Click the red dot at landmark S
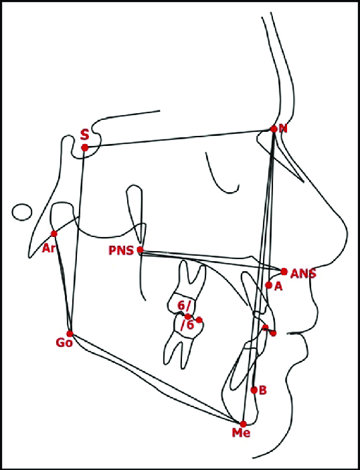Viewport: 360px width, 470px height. point(85,147)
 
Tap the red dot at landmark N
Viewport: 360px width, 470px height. point(274,129)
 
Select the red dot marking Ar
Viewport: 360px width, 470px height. point(54,234)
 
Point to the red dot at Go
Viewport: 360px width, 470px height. point(70,333)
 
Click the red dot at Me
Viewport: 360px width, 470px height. point(243,424)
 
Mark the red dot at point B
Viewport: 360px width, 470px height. point(254,390)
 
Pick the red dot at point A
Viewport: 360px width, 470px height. point(268,285)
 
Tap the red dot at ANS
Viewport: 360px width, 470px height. point(284,272)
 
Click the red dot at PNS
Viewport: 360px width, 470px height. point(140,249)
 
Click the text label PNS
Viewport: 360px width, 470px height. point(121,250)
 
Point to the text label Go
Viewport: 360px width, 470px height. point(64,343)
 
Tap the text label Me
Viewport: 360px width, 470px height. point(241,433)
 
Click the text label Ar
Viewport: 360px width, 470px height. point(49,248)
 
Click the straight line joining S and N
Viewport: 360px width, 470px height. point(179,138)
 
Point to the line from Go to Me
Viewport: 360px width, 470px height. point(157,379)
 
